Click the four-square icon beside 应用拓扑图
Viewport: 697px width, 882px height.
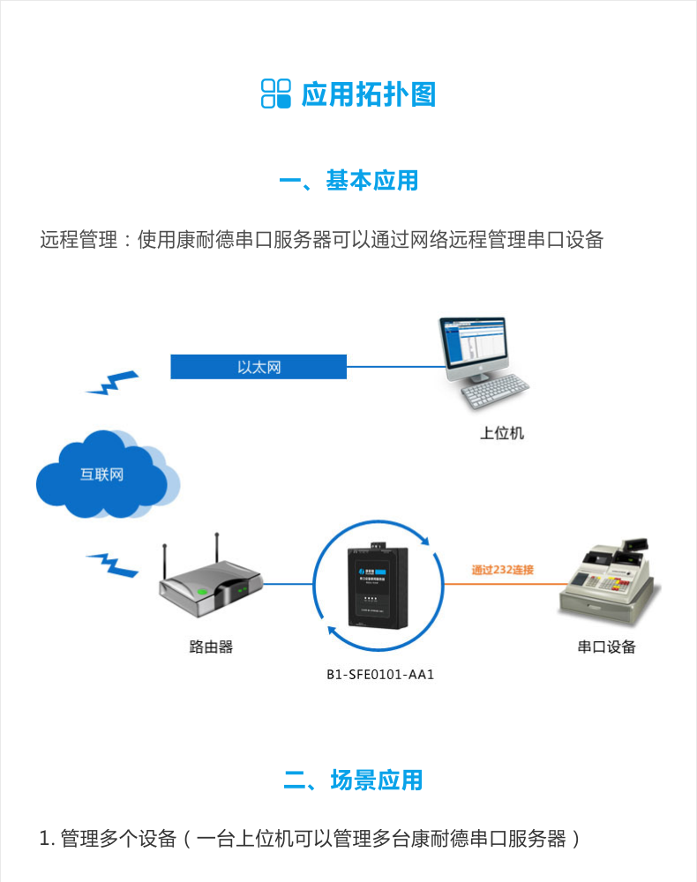(275, 93)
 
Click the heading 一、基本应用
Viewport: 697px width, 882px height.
(348, 181)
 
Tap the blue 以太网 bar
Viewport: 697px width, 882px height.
(259, 366)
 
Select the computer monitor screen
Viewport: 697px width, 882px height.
(474, 348)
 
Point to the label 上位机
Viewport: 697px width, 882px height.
(502, 433)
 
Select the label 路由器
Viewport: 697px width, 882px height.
(211, 647)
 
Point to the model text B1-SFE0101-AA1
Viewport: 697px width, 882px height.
(381, 676)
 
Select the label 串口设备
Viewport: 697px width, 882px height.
(606, 647)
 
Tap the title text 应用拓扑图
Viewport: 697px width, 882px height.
(369, 94)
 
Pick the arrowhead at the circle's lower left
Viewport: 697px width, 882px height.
(332, 630)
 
